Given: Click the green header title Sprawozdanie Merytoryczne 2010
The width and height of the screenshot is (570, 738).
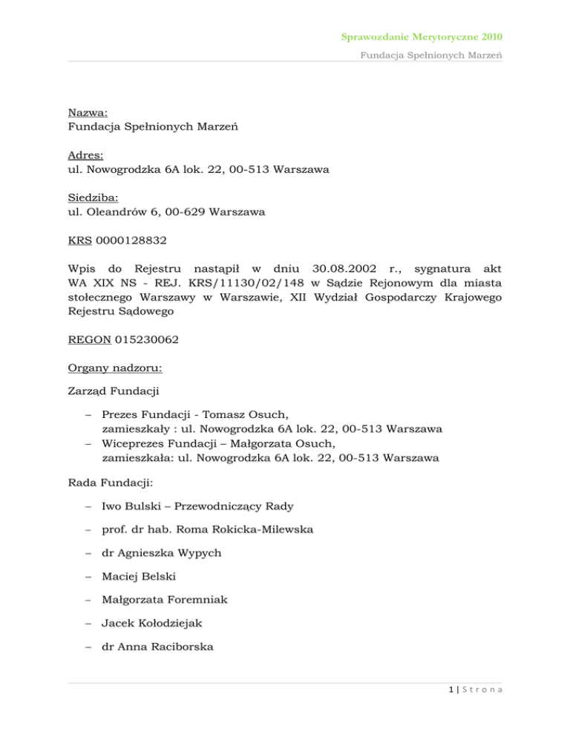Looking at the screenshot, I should tap(428, 36).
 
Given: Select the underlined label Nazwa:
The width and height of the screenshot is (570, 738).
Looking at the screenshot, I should tap(87, 113).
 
